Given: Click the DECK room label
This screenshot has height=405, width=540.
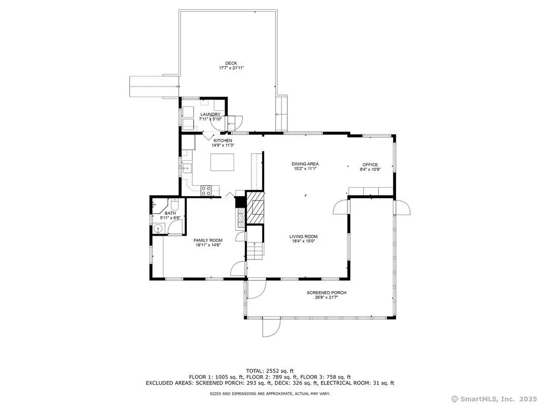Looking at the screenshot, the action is [x=231, y=63].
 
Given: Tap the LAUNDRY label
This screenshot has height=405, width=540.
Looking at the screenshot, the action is [x=210, y=114].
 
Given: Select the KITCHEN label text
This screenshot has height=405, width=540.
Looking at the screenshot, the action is [x=223, y=140].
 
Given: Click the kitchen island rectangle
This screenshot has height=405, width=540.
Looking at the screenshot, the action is [x=222, y=162].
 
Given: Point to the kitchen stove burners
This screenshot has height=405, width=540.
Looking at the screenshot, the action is [x=206, y=191].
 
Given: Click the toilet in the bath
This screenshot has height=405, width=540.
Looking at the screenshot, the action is [x=174, y=205].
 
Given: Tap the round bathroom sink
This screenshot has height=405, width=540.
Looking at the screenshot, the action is [x=158, y=229].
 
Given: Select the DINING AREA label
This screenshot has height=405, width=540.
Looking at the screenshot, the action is [x=305, y=164].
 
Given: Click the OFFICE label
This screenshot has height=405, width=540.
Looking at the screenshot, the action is [x=370, y=165].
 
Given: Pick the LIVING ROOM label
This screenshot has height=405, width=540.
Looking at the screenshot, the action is [x=303, y=237].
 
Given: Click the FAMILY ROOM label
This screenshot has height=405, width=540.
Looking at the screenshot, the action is [x=208, y=240].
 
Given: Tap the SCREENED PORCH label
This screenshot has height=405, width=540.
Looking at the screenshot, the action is [x=326, y=293].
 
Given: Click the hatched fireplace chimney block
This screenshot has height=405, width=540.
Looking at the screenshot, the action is [x=255, y=207].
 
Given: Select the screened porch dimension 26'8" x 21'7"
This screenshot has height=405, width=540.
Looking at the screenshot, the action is [x=326, y=297].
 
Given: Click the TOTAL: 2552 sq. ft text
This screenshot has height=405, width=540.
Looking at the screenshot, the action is [x=270, y=371].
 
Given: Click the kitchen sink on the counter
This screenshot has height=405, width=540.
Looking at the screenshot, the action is [x=187, y=168].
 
